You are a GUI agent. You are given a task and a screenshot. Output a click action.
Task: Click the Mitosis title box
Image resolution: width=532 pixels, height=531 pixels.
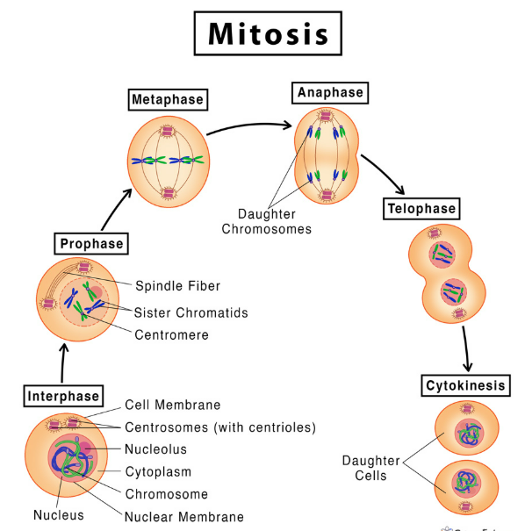[x=268, y=33]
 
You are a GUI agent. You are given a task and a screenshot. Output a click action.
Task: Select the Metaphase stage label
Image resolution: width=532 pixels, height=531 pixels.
[x=167, y=99]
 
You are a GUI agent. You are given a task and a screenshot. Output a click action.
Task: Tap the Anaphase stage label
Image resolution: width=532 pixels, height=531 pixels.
[x=330, y=92]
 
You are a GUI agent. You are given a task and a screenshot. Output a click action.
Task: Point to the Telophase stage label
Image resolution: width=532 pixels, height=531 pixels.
[x=422, y=208]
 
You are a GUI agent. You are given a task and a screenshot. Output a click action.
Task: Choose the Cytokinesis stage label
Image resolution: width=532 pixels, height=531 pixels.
[x=466, y=385]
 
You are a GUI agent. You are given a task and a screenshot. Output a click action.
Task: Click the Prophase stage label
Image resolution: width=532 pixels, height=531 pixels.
[x=91, y=242]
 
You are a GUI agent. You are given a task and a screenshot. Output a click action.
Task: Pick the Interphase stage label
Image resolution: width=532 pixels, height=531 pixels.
[x=62, y=395]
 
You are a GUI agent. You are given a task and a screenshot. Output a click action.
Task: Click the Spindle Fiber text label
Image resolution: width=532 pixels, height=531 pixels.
[x=177, y=285]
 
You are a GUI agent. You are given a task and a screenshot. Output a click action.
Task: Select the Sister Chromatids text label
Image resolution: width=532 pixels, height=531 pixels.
[x=191, y=312]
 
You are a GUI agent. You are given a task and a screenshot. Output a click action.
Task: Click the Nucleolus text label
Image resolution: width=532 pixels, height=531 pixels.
[x=155, y=449]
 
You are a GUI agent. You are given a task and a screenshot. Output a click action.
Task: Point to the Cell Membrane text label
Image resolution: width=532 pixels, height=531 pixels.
[x=172, y=405]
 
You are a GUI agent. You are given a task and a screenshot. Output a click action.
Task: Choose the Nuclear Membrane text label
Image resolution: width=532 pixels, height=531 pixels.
[x=184, y=517]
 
